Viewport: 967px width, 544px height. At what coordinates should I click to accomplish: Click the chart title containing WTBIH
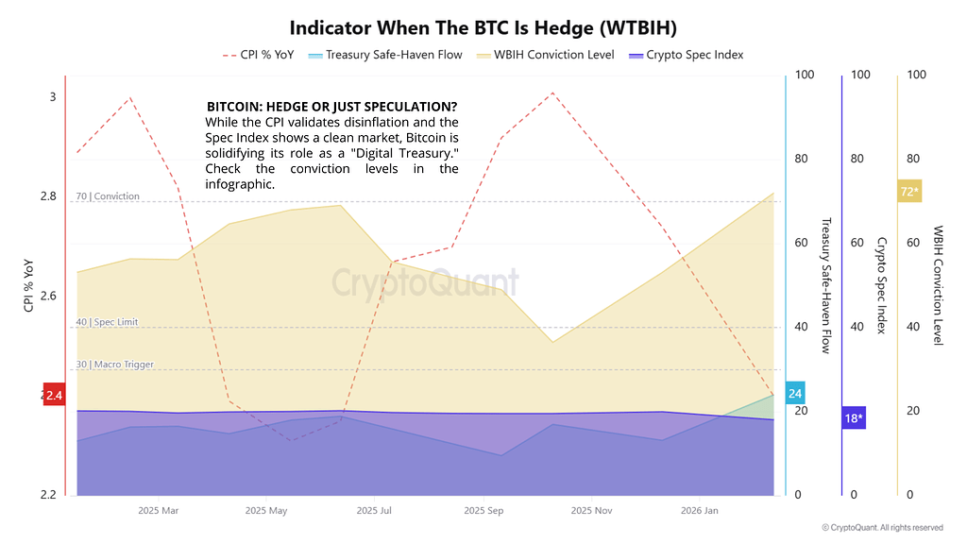tap(483, 26)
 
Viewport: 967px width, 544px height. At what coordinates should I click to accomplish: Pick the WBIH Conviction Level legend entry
tap(546, 55)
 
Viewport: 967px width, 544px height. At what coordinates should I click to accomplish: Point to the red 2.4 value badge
tap(53, 395)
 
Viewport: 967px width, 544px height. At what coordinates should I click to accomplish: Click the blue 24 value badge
tap(795, 394)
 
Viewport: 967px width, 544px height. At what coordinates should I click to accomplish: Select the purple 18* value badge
tap(854, 417)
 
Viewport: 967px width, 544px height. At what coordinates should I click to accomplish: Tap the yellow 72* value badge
tap(908, 192)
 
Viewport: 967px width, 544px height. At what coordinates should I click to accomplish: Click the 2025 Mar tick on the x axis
tap(158, 511)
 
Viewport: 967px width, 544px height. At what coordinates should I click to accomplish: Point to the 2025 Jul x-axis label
tap(374, 511)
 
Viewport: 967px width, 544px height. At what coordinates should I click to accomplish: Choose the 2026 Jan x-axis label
tap(699, 511)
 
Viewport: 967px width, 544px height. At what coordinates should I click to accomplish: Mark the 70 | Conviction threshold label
tap(108, 196)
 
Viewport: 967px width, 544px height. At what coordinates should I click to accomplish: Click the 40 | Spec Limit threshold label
tap(107, 322)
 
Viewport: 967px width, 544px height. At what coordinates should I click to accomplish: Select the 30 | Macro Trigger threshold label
tap(114, 365)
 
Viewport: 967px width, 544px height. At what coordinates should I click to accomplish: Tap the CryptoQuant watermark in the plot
tap(425, 281)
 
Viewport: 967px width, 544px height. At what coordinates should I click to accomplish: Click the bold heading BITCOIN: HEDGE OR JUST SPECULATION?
tap(331, 107)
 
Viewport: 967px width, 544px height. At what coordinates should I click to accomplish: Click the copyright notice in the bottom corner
tap(882, 528)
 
